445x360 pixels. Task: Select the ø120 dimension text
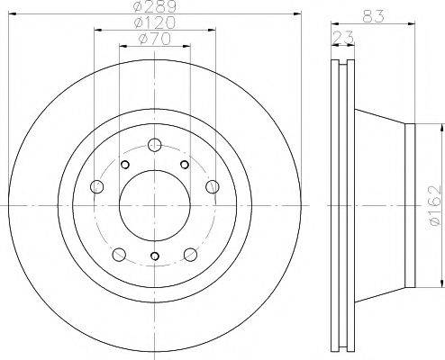(x=155, y=22)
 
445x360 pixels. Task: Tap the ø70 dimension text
(x=154, y=39)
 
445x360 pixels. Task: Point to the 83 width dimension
(x=373, y=16)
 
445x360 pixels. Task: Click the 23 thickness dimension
(x=343, y=38)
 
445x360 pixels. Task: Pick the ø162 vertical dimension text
(x=435, y=205)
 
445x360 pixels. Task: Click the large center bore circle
(x=155, y=205)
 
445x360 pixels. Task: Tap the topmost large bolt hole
(x=155, y=145)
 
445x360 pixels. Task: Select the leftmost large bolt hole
(x=97, y=186)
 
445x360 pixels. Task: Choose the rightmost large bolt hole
(x=213, y=186)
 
